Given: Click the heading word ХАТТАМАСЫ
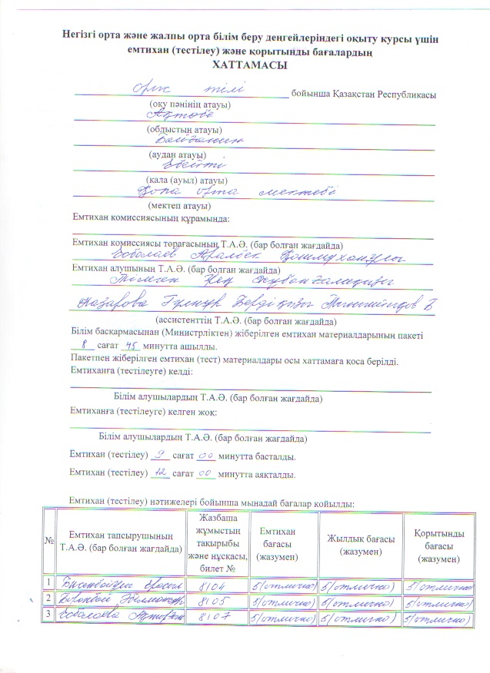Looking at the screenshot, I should coord(245,67).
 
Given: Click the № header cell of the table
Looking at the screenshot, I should coord(50,542).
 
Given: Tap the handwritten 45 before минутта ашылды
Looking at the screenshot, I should coord(144,346).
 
